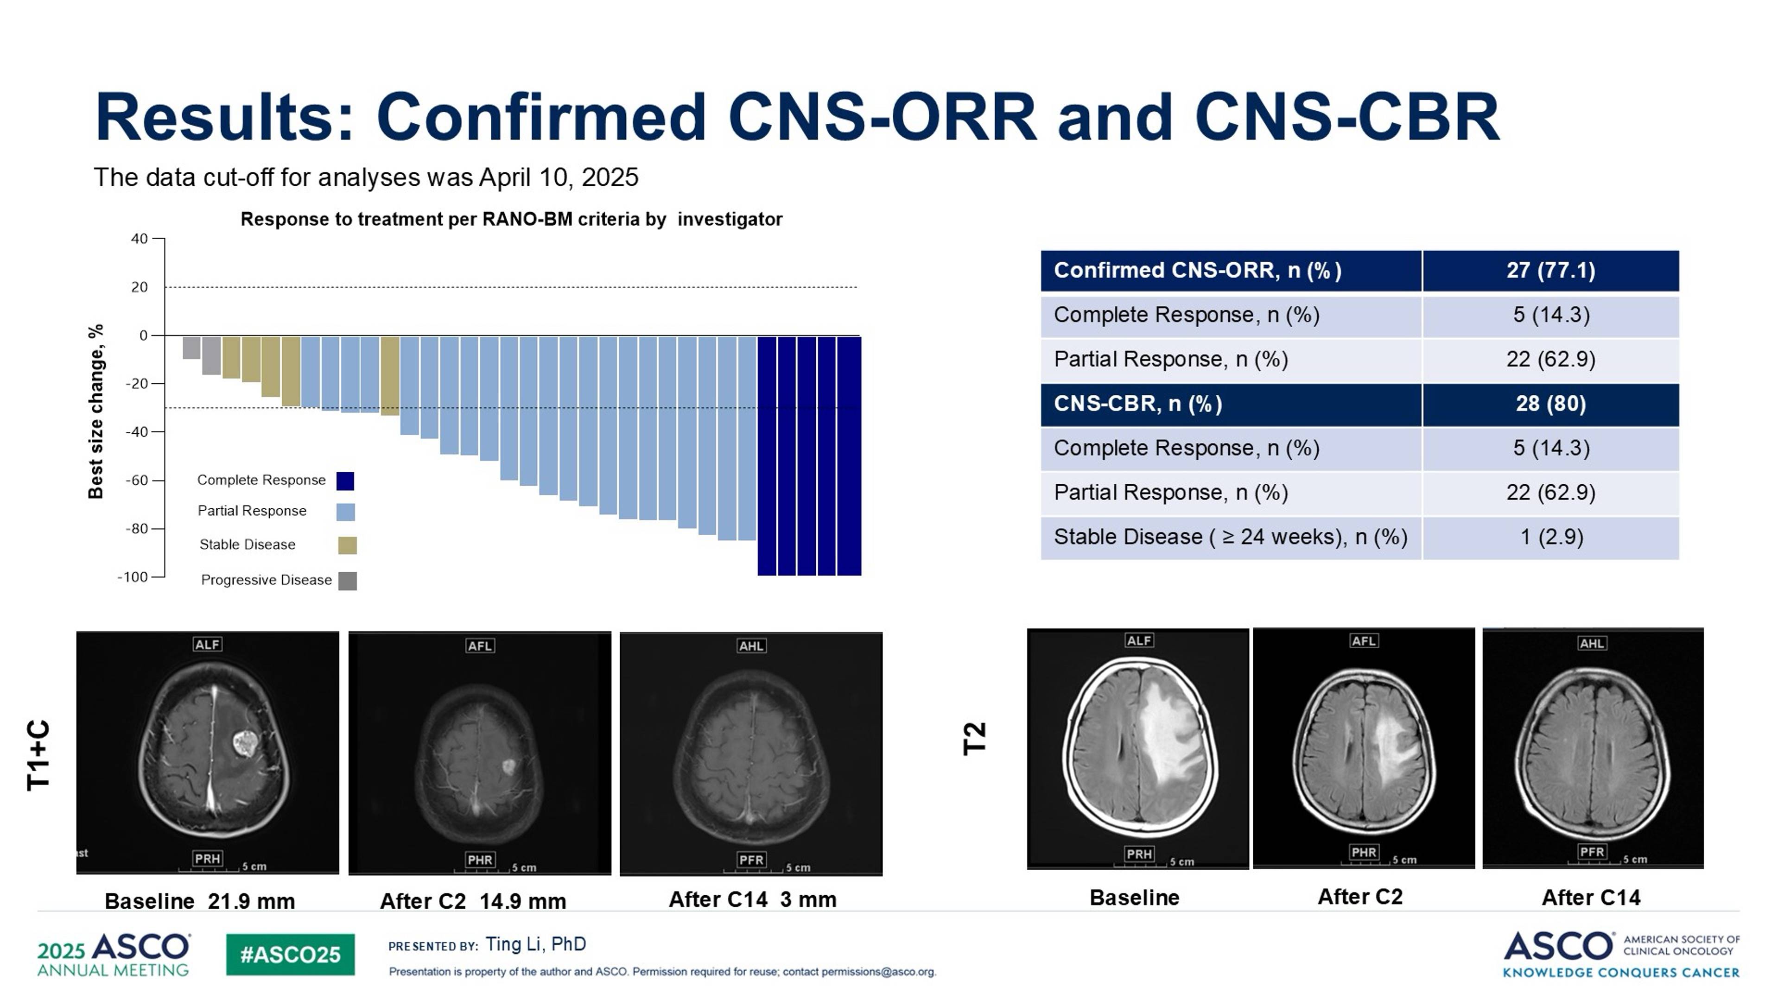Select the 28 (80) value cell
point(1550,404)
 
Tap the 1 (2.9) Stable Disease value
point(1551,537)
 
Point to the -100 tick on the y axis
point(133,577)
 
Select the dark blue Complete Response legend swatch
point(345,481)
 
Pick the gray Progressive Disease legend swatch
point(347,581)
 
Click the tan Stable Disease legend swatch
point(347,545)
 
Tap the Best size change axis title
point(95,411)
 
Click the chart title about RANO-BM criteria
point(511,220)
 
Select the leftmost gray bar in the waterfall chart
point(191,347)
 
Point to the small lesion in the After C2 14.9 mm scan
point(508,766)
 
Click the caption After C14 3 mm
point(752,900)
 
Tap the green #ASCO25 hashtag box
point(290,955)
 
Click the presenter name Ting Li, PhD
point(536,944)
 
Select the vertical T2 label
point(974,739)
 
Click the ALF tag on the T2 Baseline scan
point(1138,640)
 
